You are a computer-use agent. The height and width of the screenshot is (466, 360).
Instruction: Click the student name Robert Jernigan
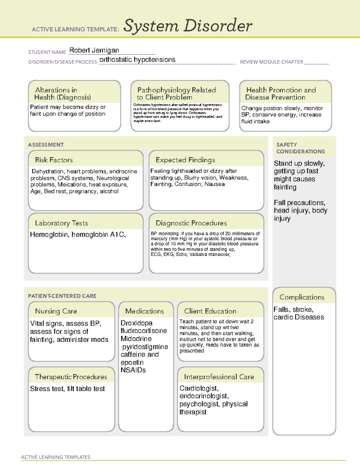point(94,50)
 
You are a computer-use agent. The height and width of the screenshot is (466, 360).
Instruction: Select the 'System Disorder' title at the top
point(188,26)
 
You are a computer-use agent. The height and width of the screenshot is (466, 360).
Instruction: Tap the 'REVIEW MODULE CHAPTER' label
point(271,62)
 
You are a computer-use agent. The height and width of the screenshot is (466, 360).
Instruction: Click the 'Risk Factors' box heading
point(54,160)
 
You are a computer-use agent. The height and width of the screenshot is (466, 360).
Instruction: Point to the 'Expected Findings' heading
point(185,160)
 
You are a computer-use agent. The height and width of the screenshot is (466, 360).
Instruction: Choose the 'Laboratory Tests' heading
point(61,223)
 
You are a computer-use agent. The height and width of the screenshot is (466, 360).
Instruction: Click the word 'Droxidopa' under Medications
point(136,323)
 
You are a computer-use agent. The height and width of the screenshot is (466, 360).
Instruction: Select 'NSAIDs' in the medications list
point(133,370)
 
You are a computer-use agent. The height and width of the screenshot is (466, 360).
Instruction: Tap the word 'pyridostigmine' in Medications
point(145,347)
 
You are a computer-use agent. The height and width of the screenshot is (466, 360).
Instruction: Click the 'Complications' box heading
point(302,297)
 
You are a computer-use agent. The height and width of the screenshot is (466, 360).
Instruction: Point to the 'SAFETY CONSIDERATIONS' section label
point(300,148)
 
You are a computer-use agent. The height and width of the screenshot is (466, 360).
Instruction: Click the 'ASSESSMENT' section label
point(46,145)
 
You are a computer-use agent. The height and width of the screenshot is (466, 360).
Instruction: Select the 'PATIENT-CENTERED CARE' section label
point(62,296)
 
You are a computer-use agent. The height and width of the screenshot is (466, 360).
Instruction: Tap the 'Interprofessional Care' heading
point(219,377)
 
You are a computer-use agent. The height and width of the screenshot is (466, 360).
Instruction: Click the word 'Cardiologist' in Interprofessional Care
point(199,388)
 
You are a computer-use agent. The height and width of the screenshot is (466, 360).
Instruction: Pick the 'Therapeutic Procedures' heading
point(71,377)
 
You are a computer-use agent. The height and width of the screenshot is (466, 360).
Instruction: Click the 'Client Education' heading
point(210,311)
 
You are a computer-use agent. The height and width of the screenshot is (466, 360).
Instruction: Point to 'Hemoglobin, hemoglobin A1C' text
point(78,235)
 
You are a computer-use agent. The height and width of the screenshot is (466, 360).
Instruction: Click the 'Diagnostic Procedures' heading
point(191,223)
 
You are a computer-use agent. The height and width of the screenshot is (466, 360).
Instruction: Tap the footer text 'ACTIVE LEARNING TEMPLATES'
point(55,457)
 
